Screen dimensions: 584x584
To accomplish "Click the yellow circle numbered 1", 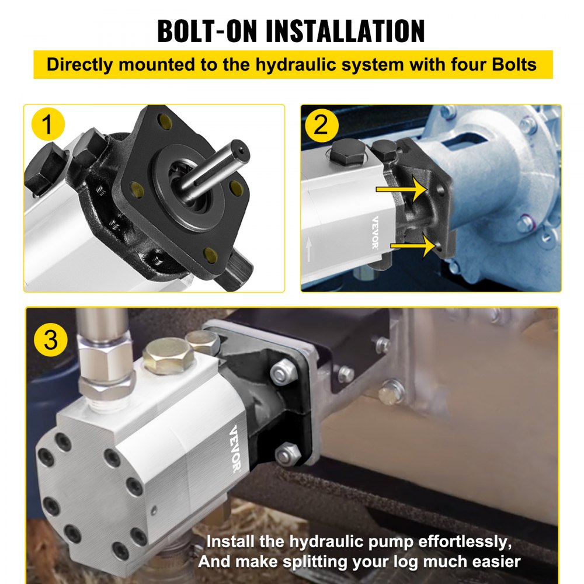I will point(48,125).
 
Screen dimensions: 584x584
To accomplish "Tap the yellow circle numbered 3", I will point(51,340).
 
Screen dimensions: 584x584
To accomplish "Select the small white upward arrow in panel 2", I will point(308,249).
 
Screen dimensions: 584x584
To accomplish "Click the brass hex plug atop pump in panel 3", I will point(168,356).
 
